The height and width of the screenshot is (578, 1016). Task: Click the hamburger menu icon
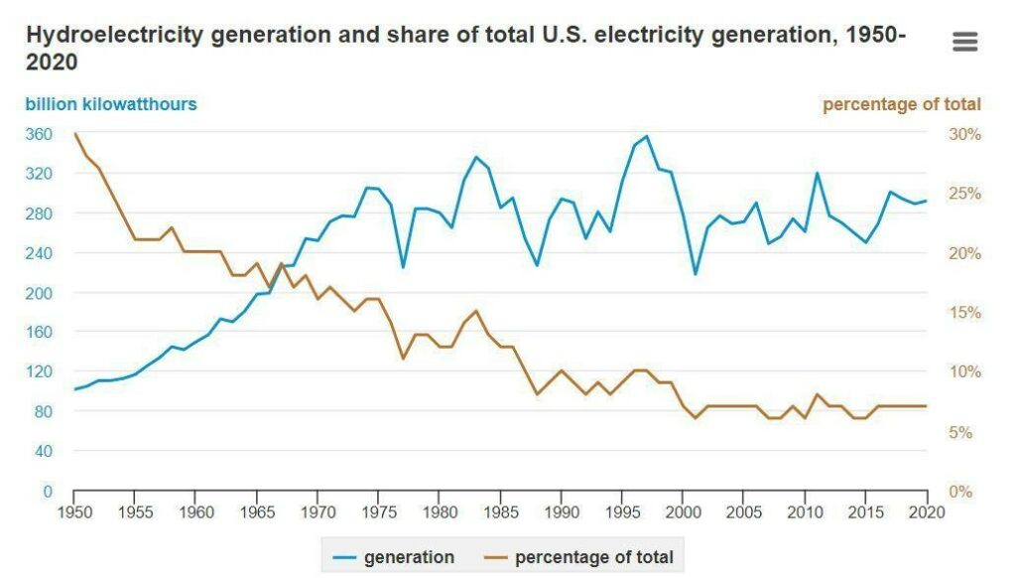[964, 42]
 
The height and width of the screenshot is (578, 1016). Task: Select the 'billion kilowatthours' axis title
[111, 104]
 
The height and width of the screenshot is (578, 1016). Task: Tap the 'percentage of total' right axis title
[901, 104]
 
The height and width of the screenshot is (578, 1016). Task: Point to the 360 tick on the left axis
[39, 134]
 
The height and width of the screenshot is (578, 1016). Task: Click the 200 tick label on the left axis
[39, 293]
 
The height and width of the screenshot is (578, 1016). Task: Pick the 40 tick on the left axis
[43, 451]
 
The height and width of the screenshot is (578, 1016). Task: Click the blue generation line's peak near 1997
[647, 136]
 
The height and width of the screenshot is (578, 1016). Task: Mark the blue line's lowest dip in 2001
[696, 274]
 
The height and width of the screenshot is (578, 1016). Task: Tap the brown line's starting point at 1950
[74, 133]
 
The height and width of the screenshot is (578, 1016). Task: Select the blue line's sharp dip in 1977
[403, 267]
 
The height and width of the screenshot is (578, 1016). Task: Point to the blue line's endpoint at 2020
[927, 201]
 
